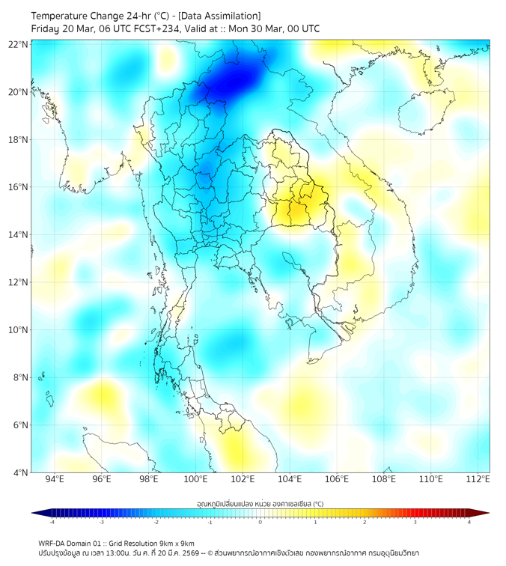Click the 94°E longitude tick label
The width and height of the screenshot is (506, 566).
55,479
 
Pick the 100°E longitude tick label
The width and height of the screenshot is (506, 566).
196,479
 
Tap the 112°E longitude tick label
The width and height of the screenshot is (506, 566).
478,479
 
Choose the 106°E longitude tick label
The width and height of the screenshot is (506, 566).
337,479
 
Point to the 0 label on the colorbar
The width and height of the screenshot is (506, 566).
260,522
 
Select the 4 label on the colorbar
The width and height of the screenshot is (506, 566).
469,522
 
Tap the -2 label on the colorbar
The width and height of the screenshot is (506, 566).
155,522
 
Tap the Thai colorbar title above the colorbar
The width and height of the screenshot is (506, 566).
260,503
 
